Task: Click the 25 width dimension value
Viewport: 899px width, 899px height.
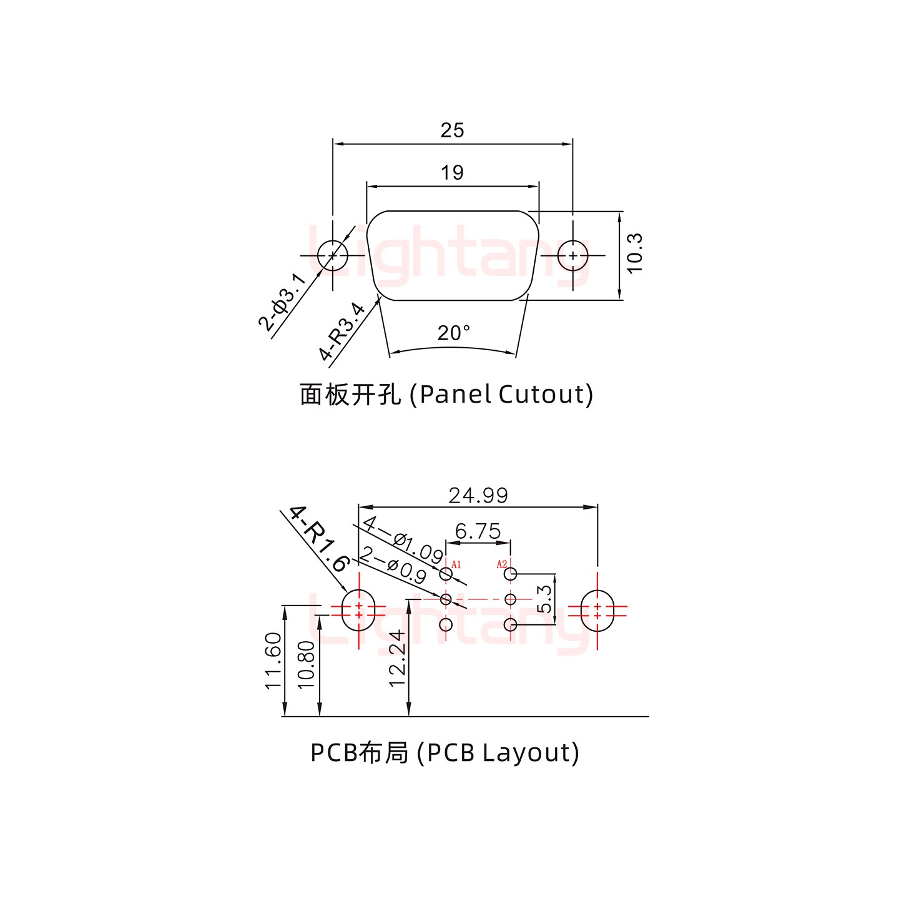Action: pyautogui.click(x=452, y=130)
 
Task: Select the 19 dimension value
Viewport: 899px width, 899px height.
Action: pyautogui.click(x=452, y=172)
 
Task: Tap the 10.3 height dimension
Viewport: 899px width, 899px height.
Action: pyautogui.click(x=634, y=253)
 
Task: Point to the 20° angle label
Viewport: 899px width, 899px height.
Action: pyautogui.click(x=454, y=333)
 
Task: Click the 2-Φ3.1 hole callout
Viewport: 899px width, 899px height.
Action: pyautogui.click(x=282, y=302)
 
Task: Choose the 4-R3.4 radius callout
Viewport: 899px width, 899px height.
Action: pyautogui.click(x=341, y=332)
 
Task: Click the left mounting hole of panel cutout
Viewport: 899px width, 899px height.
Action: pyautogui.click(x=333, y=255)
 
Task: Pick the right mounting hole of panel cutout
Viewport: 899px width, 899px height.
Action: pyautogui.click(x=572, y=255)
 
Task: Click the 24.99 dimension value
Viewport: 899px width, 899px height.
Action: pyautogui.click(x=478, y=496)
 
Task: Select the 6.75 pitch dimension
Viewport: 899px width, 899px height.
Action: pyautogui.click(x=478, y=531)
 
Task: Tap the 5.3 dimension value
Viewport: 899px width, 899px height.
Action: pyautogui.click(x=544, y=599)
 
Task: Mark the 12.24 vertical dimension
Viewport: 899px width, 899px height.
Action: pyautogui.click(x=398, y=658)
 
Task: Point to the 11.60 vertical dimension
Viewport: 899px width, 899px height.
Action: pyautogui.click(x=273, y=661)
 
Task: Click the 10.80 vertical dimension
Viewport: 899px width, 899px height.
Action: pyautogui.click(x=307, y=664)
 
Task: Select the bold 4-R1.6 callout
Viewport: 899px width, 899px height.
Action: pyautogui.click(x=318, y=539)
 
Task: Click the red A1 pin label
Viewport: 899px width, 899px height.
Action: pyautogui.click(x=456, y=564)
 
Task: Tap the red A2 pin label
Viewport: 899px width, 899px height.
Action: pyautogui.click(x=502, y=564)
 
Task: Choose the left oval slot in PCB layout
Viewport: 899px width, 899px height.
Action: pyautogui.click(x=358, y=610)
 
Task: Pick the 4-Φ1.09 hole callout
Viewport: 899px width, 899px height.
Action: pyautogui.click(x=403, y=538)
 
